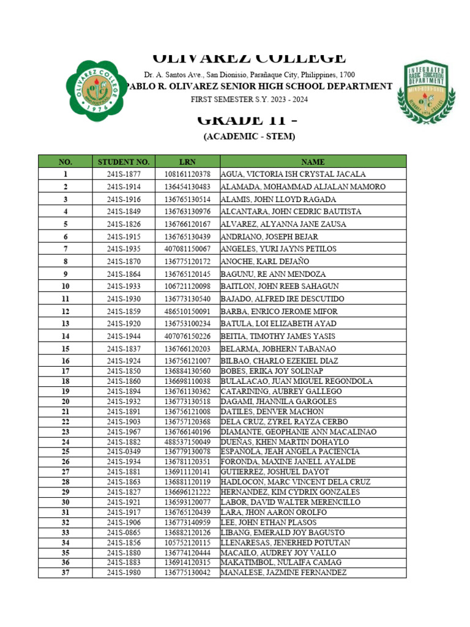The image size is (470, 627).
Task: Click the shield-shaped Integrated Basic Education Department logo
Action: point(426,92)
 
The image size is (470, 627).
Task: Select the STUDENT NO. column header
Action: point(124,162)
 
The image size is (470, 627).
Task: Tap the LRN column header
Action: point(187,162)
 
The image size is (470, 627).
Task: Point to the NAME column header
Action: point(312,162)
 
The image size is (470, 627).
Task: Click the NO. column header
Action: point(65,162)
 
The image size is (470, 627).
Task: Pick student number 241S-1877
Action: point(124,175)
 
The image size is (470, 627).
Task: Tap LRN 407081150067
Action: point(187,249)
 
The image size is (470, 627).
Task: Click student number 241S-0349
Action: point(124,451)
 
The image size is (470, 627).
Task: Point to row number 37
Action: point(65,573)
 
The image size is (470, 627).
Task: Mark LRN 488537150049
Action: point(187,441)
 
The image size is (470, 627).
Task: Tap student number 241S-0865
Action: point(124,532)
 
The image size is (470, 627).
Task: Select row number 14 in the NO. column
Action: point(65,336)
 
